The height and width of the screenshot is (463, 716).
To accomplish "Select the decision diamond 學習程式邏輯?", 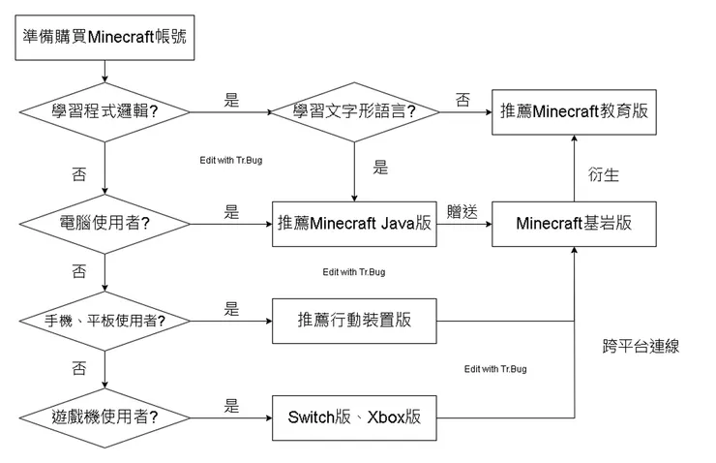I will coord(104,112).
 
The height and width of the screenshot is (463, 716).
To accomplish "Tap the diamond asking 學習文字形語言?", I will coord(354,112).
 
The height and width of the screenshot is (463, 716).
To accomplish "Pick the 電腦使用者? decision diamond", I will coord(104,224).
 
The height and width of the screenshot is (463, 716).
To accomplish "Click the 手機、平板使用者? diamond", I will coord(104,321).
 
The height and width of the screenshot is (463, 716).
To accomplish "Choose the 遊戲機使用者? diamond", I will coord(104,418).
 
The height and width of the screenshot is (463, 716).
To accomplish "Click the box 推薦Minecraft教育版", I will coord(574,112).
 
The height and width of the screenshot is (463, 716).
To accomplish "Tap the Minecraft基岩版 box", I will coord(574,224).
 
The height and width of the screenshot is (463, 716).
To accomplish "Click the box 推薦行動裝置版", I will coord(354,321).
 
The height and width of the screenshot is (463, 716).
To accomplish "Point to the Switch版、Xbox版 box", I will coord(354,418).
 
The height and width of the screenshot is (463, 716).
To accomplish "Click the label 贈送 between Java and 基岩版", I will coord(462,211).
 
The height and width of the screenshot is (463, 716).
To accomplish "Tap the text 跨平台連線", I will coord(640,346).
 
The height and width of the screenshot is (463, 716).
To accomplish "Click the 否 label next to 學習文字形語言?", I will coord(462,99).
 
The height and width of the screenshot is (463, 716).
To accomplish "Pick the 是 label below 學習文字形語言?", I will coord(380,167).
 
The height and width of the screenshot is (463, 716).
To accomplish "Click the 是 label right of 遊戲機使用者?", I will coord(231,406).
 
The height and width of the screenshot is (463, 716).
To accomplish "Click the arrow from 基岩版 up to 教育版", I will coord(574,169).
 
